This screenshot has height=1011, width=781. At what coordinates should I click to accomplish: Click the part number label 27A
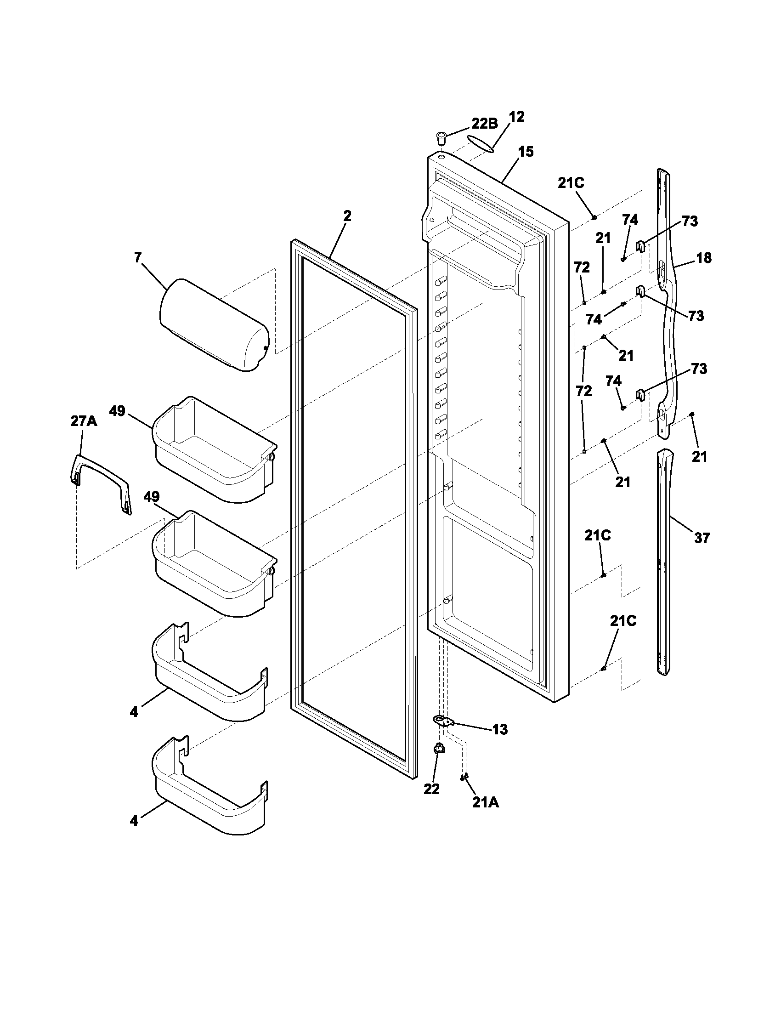point(84,422)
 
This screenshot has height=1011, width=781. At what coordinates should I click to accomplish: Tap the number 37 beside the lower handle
point(702,539)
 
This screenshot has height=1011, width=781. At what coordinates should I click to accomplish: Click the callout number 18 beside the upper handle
point(704,258)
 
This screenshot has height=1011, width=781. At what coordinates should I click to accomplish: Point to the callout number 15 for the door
point(526,152)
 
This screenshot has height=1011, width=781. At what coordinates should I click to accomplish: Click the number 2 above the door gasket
point(347,216)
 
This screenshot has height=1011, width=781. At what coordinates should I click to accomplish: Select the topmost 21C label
point(571,183)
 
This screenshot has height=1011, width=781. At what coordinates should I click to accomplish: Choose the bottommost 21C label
point(623,621)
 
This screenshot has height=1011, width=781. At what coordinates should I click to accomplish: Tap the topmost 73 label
point(690,222)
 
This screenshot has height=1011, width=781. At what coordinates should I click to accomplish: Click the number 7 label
point(138,258)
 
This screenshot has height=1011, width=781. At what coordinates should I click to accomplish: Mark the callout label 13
point(500,730)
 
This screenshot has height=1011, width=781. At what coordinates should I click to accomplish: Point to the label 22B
point(484,123)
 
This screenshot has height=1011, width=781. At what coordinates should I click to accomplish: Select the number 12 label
point(516,117)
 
